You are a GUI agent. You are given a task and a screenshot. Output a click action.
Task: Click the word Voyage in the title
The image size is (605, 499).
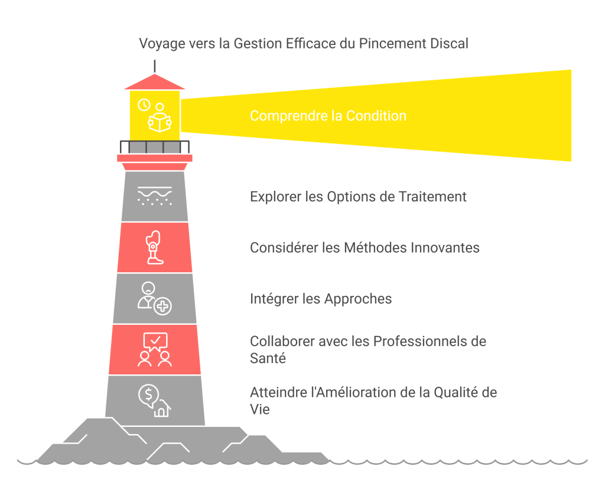pos(162,44)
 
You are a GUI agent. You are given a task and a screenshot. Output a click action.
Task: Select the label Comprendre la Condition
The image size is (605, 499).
pos(328,116)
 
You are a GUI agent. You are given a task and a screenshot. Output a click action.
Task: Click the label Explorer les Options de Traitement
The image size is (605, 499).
pos(358,197)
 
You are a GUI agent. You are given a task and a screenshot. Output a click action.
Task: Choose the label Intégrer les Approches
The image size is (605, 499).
pos(321,299)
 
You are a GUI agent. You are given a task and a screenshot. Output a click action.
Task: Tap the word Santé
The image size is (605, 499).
pos(268,358)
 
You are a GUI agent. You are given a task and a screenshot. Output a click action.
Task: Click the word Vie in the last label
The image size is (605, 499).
pos(260,409)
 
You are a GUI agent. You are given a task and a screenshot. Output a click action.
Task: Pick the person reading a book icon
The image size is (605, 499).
pos(160,118)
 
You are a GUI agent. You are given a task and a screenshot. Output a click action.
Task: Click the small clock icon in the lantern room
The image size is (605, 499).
pos(144,105)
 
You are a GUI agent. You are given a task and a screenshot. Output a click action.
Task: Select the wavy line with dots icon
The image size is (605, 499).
pos(155,196)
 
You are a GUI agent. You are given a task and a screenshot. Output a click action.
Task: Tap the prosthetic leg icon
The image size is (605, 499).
pos(154,247)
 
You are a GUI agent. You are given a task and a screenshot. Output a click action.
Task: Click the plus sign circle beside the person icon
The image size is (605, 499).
pos(163,306)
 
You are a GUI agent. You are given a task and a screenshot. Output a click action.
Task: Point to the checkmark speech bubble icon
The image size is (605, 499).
pos(155,342)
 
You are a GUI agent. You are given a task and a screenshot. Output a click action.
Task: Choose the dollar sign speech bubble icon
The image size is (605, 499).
pos(149,396)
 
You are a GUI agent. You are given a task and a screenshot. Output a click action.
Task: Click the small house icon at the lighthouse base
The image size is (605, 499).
pos(162,409)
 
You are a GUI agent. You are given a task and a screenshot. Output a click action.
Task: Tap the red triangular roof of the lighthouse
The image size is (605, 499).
pos(155,81)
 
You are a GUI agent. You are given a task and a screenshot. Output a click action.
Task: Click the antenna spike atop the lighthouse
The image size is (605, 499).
pos(155,66)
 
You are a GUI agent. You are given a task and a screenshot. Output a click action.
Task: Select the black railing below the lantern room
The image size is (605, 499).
pos(155,147)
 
